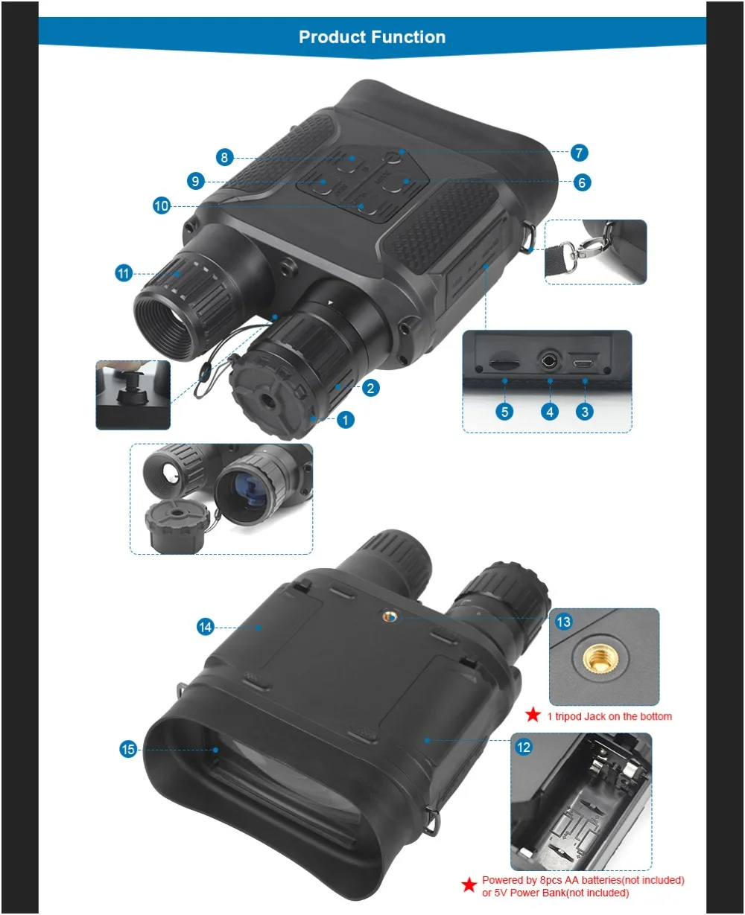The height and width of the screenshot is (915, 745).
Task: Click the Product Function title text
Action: pyautogui.click(x=372, y=37)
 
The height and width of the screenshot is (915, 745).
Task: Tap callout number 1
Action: pyautogui.click(x=345, y=420)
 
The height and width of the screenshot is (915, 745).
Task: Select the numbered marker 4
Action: pyautogui.click(x=550, y=411)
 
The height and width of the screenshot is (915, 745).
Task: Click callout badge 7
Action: pyautogui.click(x=579, y=153)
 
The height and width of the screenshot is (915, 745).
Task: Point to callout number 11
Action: pyautogui.click(x=124, y=273)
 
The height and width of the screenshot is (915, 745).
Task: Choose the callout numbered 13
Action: pyautogui.click(x=564, y=622)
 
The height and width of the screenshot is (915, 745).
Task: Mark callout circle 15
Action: pyautogui.click(x=128, y=749)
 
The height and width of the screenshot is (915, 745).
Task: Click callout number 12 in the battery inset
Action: pyautogui.click(x=524, y=746)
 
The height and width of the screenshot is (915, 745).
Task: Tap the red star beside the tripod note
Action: pyautogui.click(x=533, y=715)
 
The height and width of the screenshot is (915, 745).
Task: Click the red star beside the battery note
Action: pyautogui.click(x=469, y=885)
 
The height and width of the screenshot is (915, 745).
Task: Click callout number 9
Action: pyautogui.click(x=195, y=181)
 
